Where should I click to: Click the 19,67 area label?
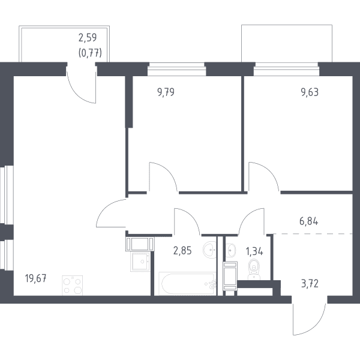pyautogui.click(x=36, y=279)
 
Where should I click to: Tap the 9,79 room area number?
pyautogui.click(x=166, y=92)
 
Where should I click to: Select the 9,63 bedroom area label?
pyautogui.click(x=310, y=92)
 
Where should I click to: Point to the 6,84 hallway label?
pyautogui.click(x=309, y=221)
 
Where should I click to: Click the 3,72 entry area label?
pyautogui.click(x=310, y=284)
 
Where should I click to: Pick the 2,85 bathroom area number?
pyautogui.click(x=182, y=251)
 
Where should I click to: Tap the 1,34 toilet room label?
pyautogui.click(x=254, y=251)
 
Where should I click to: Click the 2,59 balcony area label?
pyautogui.click(x=88, y=38)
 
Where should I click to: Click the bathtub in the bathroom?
pyautogui.click(x=188, y=284)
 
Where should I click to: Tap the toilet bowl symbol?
pyautogui.click(x=254, y=269)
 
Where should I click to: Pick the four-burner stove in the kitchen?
pyautogui.click(x=73, y=286)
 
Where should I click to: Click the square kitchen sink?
pyautogui.click(x=140, y=262)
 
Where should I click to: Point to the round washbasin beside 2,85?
pyautogui.click(x=210, y=250)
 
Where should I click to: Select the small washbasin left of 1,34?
pyautogui.click(x=230, y=250)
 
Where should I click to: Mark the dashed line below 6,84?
pyautogui.click(x=313, y=234)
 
